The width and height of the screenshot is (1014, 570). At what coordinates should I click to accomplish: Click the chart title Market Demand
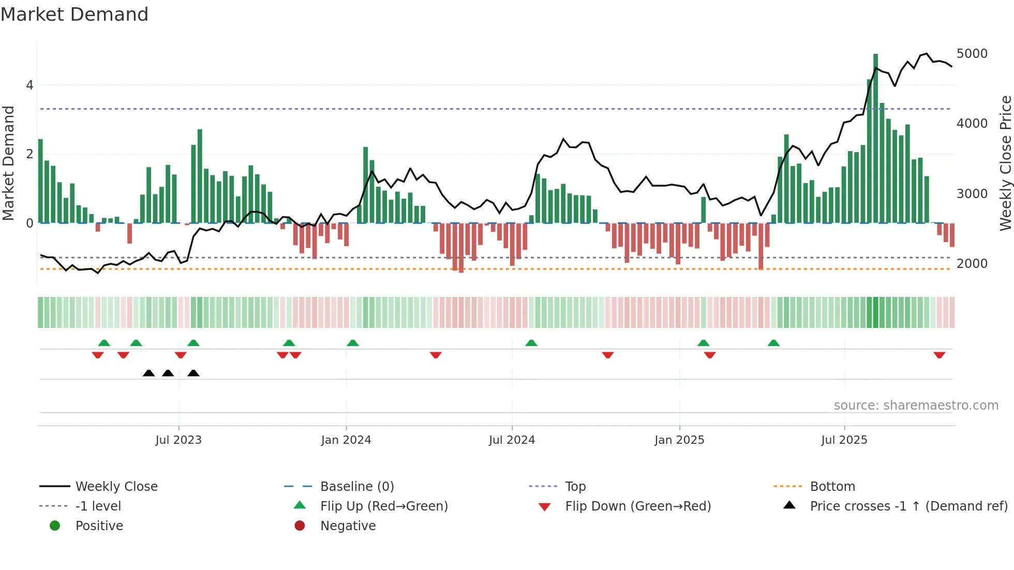(x=74, y=14)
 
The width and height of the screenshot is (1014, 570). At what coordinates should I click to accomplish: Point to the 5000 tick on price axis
(x=972, y=54)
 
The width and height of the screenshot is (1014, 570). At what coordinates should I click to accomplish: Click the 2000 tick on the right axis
(x=972, y=264)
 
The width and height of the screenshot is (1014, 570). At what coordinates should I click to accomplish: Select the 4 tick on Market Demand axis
(x=29, y=85)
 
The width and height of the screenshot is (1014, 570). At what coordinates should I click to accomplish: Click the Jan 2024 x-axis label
(x=346, y=440)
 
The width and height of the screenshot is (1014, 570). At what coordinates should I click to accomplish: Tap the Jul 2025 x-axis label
(x=844, y=440)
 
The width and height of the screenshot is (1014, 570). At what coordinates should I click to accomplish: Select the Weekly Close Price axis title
(x=1005, y=163)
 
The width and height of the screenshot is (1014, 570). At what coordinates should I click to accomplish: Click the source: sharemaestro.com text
(x=916, y=406)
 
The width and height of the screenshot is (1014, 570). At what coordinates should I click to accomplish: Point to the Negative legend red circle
(x=300, y=526)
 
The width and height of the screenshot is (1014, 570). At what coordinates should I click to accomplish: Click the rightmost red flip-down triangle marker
(x=940, y=355)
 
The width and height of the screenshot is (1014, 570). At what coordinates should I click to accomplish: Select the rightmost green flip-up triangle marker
(x=773, y=343)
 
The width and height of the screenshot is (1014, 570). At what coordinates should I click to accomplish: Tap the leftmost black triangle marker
(x=149, y=373)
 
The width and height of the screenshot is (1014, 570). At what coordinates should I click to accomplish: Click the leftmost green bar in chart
(x=41, y=181)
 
